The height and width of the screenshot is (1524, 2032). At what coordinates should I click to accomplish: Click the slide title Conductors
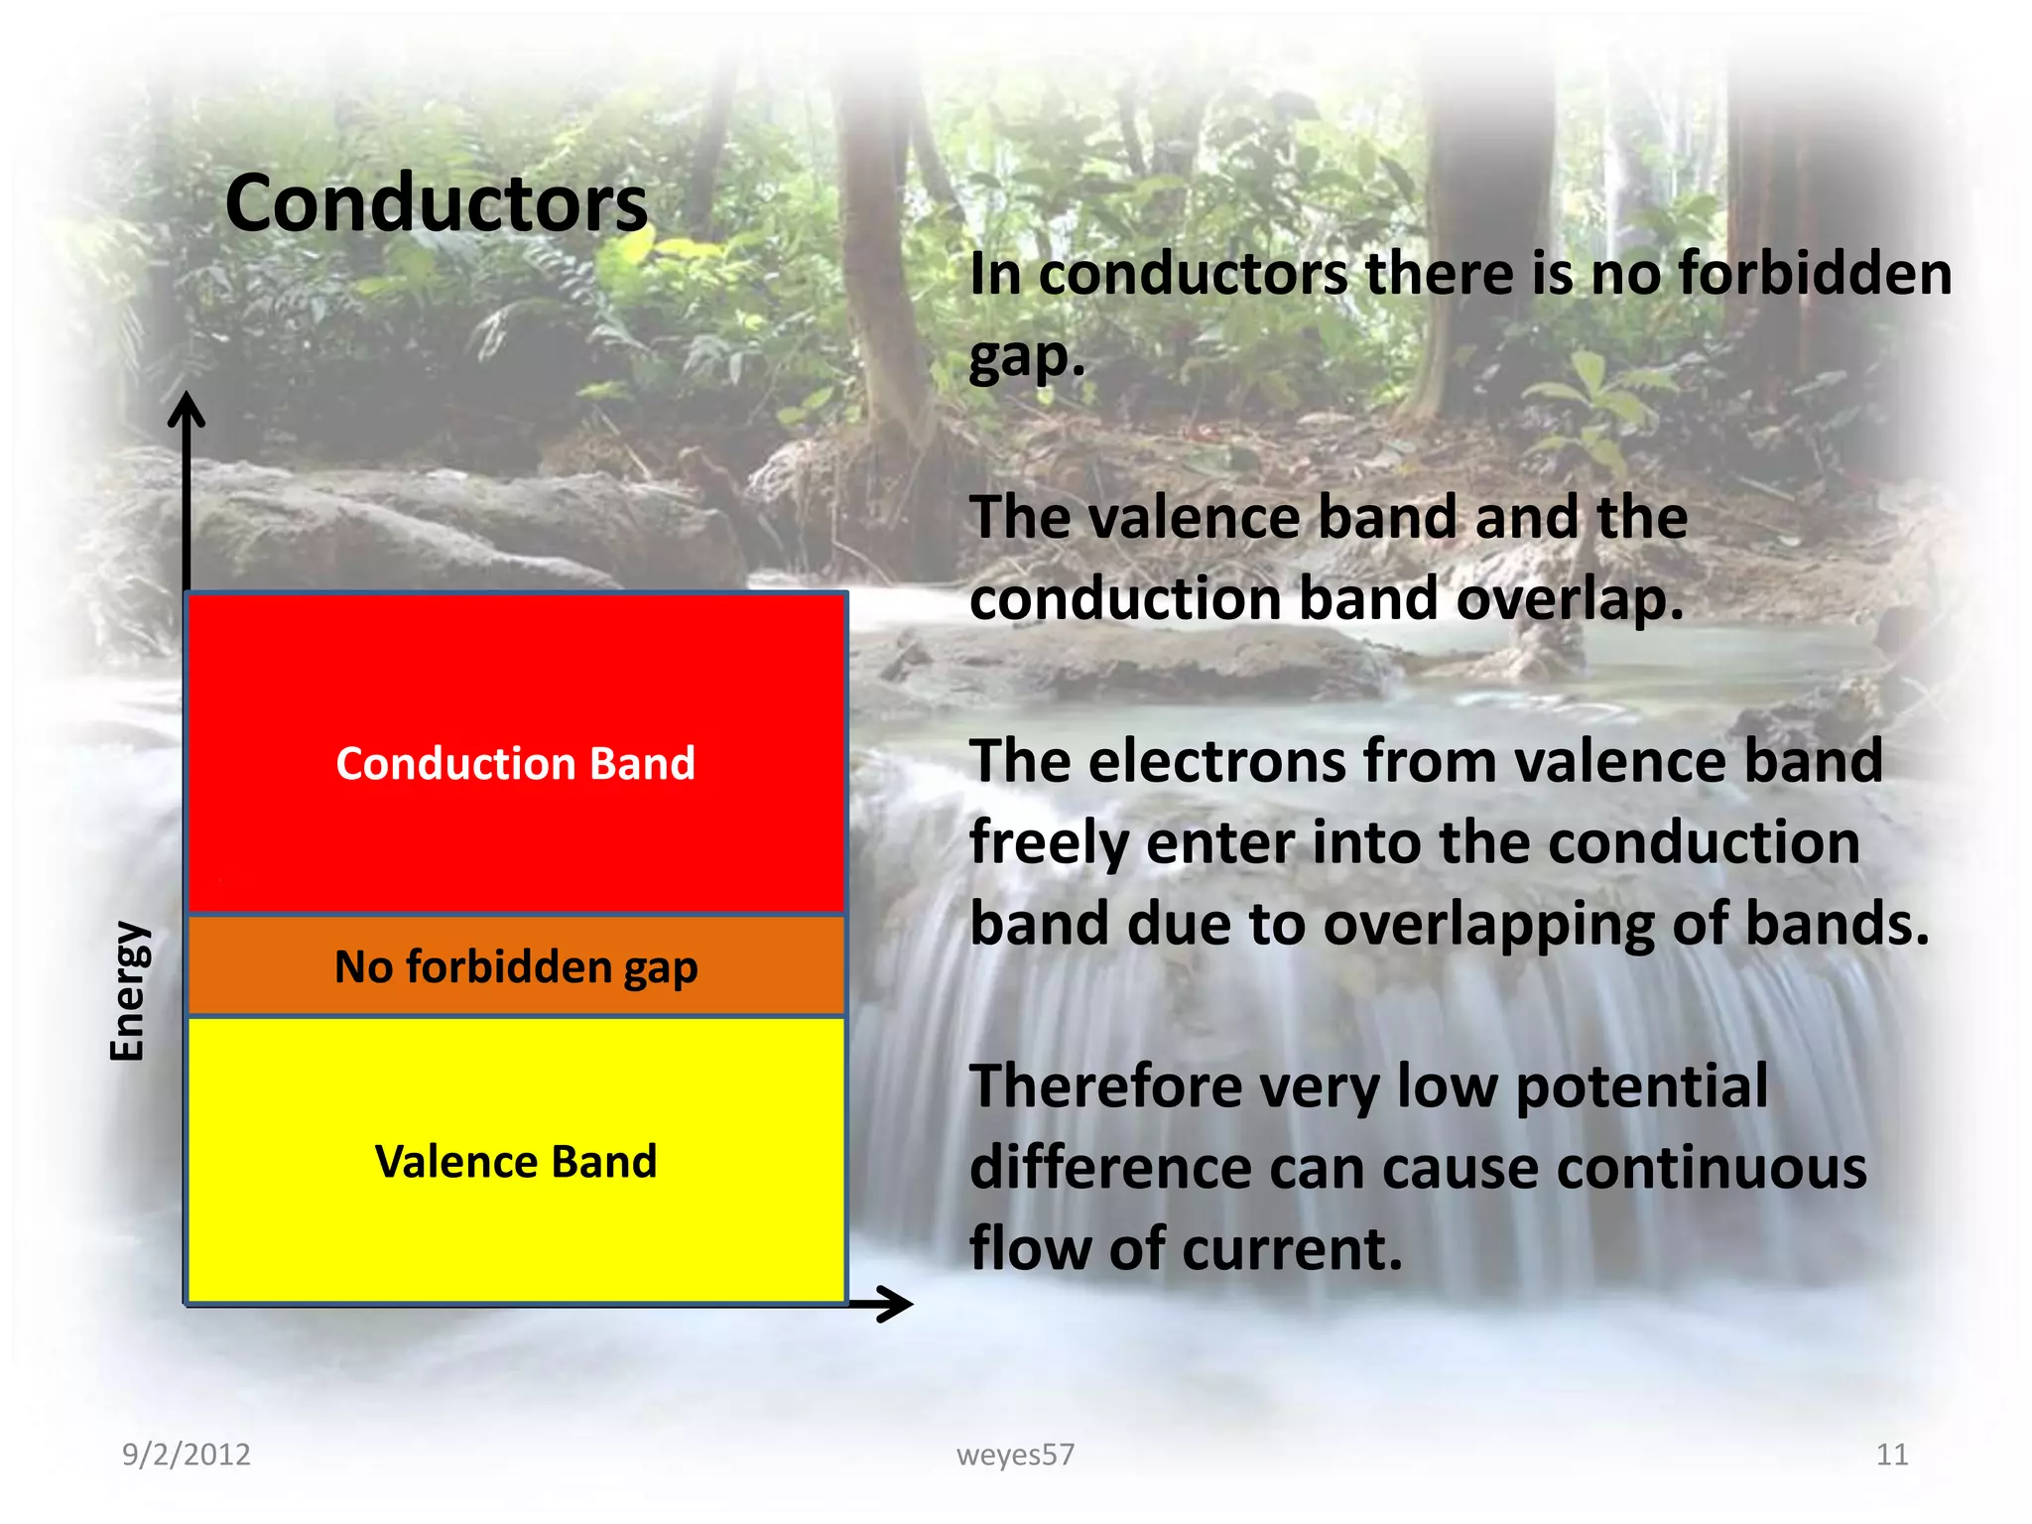point(437,203)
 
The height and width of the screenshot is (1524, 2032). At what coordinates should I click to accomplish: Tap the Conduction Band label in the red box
point(515,764)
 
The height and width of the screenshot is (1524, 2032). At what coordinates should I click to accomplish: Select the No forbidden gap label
point(516,967)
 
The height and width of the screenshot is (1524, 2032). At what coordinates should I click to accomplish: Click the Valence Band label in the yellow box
point(516,1162)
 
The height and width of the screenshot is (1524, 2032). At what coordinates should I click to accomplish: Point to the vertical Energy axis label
point(129,991)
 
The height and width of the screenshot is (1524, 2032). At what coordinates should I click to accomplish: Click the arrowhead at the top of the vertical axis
point(186,410)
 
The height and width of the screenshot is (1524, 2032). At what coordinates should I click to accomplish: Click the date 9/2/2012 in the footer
point(186,1455)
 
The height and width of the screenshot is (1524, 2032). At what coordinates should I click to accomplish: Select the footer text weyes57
point(1015,1455)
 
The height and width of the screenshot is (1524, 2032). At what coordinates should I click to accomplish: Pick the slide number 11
point(1892,1455)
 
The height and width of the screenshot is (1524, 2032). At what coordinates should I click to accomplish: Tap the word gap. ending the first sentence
point(1027,357)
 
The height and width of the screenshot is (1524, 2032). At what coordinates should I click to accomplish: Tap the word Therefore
point(1104,1086)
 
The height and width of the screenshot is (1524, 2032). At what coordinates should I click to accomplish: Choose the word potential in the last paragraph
point(1642,1086)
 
